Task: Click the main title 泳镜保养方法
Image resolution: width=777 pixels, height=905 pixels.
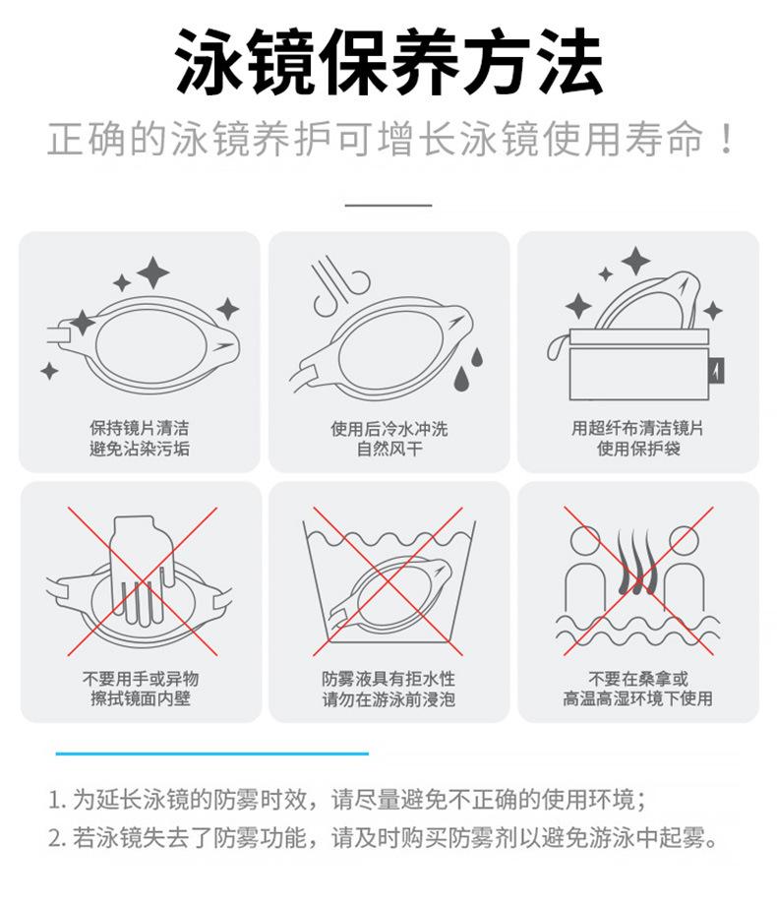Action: click(x=388, y=62)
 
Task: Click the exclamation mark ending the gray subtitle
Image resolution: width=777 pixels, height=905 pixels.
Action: click(x=727, y=139)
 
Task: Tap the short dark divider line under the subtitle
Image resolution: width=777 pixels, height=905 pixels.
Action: click(x=388, y=205)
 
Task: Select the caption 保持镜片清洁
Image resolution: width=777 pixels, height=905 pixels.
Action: click(x=139, y=428)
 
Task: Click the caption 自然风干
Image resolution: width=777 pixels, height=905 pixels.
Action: click(x=389, y=449)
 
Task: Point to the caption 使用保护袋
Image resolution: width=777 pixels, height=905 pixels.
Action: click(x=638, y=448)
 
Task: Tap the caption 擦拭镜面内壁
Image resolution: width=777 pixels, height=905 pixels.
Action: click(x=141, y=698)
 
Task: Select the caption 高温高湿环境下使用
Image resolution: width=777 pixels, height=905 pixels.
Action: click(x=638, y=698)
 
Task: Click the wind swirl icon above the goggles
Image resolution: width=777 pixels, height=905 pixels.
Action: click(x=340, y=284)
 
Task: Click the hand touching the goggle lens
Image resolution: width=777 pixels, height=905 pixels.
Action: click(x=142, y=569)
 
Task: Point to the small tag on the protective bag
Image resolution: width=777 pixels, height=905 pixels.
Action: click(x=716, y=371)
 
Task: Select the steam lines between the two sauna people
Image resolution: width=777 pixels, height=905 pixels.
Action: click(x=637, y=562)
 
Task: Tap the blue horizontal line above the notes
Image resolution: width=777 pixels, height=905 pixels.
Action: click(x=211, y=754)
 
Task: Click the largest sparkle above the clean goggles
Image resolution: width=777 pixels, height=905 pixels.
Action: click(x=153, y=272)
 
